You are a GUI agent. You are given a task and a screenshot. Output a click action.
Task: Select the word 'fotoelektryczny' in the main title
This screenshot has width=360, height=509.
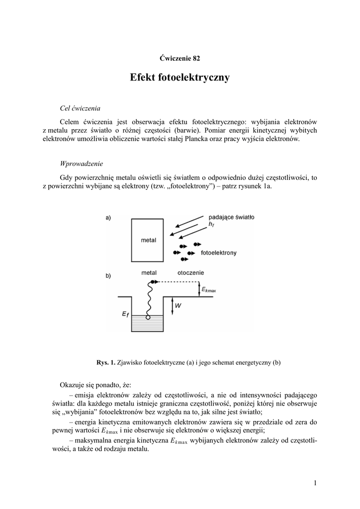coord(194,78)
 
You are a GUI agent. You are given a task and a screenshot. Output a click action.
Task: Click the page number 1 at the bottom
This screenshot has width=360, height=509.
coord(315,482)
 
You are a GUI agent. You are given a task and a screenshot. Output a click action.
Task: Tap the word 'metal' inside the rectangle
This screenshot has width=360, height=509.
coord(148,240)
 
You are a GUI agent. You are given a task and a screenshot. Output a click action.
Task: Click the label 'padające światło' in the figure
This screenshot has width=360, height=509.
coord(232,217)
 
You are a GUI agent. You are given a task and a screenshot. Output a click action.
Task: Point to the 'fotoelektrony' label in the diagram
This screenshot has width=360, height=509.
coord(218,253)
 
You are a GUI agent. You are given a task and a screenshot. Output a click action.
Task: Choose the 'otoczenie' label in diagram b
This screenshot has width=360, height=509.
coord(191,273)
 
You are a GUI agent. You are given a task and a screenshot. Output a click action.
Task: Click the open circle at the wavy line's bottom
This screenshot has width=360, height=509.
coord(148,317)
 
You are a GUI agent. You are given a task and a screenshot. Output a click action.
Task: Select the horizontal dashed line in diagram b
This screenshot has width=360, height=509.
coord(174,282)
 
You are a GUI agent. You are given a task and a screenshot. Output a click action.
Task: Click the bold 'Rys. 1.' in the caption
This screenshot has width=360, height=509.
coord(106,362)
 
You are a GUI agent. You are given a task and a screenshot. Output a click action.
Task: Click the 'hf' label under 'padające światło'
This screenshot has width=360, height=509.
coord(211,225)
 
